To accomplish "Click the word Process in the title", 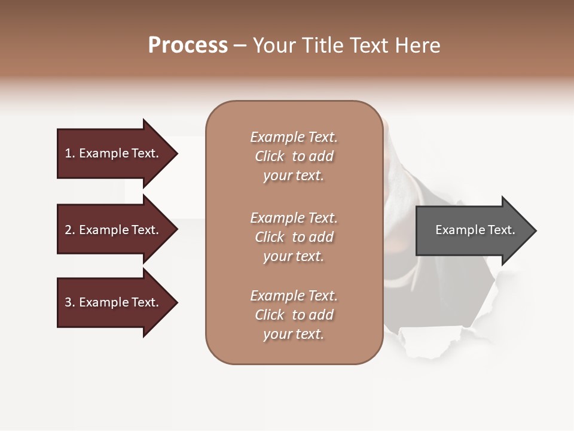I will point(188,45).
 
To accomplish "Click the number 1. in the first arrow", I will point(70,153).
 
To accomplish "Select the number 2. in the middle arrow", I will point(70,230).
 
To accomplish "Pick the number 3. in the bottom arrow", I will point(70,302).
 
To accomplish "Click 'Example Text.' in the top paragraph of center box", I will point(294,137).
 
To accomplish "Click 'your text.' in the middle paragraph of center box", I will point(294,256).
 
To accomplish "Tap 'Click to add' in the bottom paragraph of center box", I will point(294,315).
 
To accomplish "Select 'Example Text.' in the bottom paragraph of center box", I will point(294,296).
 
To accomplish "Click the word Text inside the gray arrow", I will point(501,230).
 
